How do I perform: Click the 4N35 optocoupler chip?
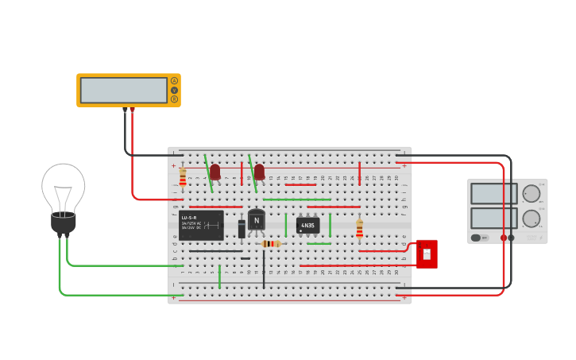tap(307, 226)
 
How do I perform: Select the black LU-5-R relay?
tap(201, 225)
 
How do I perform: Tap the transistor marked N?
tap(256, 220)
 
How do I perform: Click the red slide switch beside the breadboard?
tap(427, 254)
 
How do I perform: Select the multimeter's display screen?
tap(123, 90)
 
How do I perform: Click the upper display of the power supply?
tap(493, 193)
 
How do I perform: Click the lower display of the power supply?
tap(493, 218)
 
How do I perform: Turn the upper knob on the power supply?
tap(532, 193)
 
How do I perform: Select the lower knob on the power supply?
tap(532, 219)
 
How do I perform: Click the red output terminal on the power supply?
tap(504, 238)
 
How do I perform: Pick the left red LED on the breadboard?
tap(215, 172)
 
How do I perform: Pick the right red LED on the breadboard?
tap(259, 172)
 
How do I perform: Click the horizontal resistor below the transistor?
tap(271, 244)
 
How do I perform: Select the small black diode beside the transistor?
tap(242, 229)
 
